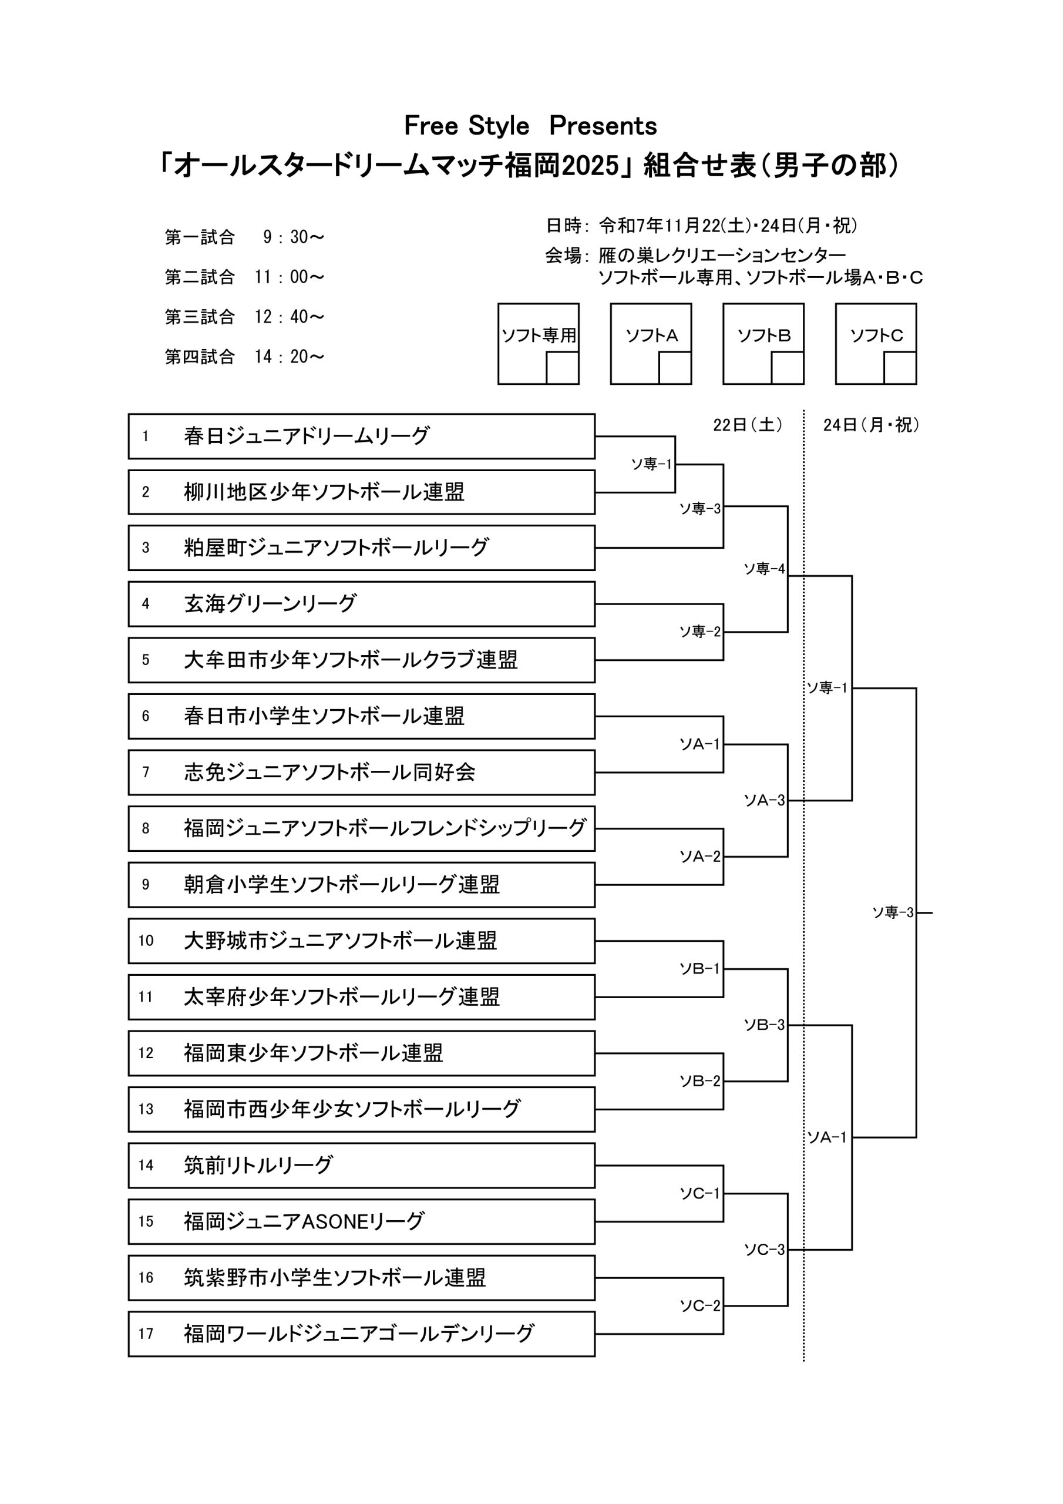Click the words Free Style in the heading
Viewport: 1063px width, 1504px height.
(x=466, y=126)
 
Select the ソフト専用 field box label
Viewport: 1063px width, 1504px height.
(x=539, y=335)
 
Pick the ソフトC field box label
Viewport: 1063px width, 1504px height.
(x=876, y=335)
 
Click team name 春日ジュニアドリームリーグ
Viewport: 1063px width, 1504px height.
(x=307, y=437)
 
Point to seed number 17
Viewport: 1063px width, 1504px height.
(x=146, y=1334)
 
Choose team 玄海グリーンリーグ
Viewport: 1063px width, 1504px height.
(x=270, y=604)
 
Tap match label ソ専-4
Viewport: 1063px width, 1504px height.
(x=763, y=569)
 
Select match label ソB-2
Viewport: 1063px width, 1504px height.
(x=699, y=1082)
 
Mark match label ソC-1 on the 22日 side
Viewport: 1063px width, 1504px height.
(x=699, y=1193)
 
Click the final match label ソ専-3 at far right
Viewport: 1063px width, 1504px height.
(x=892, y=912)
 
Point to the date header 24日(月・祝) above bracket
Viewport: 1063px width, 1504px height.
(x=871, y=425)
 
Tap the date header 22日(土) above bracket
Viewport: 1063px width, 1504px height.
(x=747, y=425)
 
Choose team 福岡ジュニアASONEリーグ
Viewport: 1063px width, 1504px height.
(x=304, y=1221)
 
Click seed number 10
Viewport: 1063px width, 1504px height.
(x=146, y=941)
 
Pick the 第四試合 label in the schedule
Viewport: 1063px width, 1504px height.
(x=200, y=357)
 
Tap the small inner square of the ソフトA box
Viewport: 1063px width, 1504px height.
(x=675, y=368)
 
